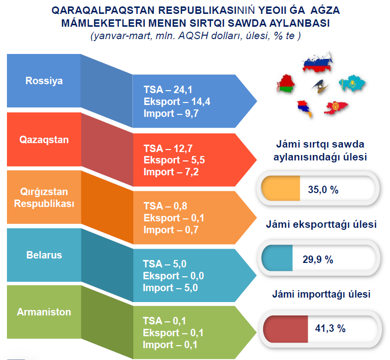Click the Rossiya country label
(x=44, y=81)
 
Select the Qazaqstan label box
(x=44, y=140)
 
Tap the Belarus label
(x=44, y=255)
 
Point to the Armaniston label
(x=44, y=312)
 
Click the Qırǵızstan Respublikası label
(x=44, y=198)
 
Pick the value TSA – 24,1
(x=168, y=90)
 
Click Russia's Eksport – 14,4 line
(x=177, y=102)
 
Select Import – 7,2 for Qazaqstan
(x=171, y=172)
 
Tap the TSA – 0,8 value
(x=165, y=206)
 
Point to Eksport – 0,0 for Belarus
(x=173, y=276)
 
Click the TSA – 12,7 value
(x=168, y=149)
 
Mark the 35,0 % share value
(x=323, y=190)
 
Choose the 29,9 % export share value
(x=318, y=259)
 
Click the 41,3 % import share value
(x=330, y=328)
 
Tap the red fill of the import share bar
(x=285, y=329)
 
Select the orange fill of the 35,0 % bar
(x=281, y=188)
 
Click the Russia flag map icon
(x=317, y=62)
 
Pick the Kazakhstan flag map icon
(x=352, y=83)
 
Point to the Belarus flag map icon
(x=285, y=84)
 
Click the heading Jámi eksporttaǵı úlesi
(x=321, y=224)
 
